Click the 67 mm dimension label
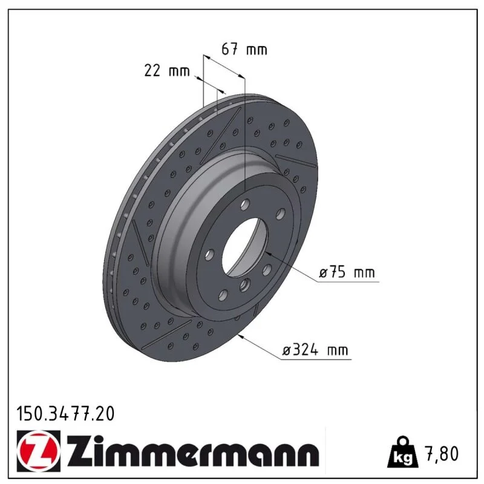244,50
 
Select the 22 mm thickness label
167,71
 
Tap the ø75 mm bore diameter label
347,272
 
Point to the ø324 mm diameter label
315,350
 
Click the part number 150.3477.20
65,414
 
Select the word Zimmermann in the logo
193,452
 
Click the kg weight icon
403,453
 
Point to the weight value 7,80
442,454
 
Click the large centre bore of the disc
244,247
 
